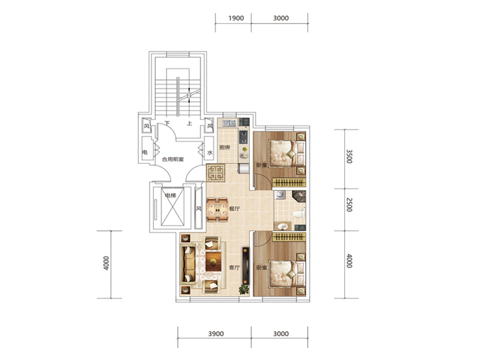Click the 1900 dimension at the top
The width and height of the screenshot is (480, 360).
tap(236, 18)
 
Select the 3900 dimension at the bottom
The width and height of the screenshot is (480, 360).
tap(216, 334)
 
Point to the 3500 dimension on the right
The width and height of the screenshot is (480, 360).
tap(349, 156)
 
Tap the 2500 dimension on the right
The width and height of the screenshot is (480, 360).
tap(349, 205)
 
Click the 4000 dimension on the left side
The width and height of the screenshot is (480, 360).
tap(106, 263)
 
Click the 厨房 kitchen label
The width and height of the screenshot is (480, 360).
tap(224, 147)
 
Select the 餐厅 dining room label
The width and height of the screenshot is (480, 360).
tap(235, 208)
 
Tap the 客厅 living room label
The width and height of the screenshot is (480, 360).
tap(235, 267)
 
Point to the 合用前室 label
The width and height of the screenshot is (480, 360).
tap(173, 159)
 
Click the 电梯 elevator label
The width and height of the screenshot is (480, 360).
tap(171, 195)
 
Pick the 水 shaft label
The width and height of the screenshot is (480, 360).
tap(210, 152)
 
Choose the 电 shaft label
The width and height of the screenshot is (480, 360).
tap(145, 152)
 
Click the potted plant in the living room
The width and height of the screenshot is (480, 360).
tap(243, 289)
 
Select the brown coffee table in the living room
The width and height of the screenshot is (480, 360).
tap(213, 261)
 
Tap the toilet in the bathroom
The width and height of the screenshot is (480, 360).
tap(299, 213)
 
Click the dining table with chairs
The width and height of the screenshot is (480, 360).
tap(217, 210)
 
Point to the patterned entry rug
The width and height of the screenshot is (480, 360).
tap(216, 173)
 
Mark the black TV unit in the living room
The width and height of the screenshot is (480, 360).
tap(245, 266)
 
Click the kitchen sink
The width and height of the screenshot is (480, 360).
tap(230, 123)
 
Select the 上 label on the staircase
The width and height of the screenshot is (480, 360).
tap(190, 123)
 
